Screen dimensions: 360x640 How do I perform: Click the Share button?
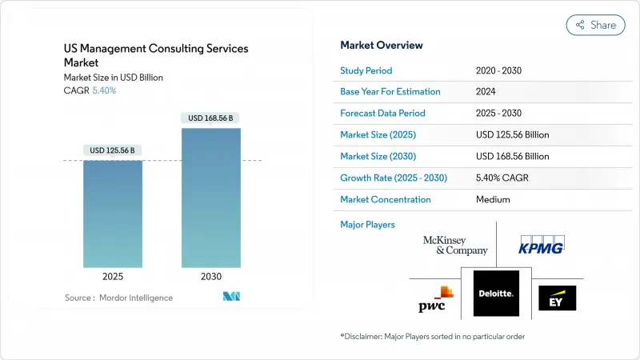click(x=595, y=25)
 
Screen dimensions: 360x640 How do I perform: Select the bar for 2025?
click(x=113, y=214)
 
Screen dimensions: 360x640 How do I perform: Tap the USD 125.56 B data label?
click(x=113, y=150)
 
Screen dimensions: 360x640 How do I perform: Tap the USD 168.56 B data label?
click(x=211, y=118)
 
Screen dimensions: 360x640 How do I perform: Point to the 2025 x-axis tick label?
click(x=113, y=276)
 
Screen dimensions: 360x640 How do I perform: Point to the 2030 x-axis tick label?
click(x=211, y=276)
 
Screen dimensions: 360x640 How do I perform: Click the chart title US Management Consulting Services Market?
click(x=156, y=55)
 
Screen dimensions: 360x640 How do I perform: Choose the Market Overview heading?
click(x=382, y=46)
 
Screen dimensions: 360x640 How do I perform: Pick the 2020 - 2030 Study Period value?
click(x=499, y=70)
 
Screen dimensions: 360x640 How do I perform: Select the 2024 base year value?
click(x=486, y=92)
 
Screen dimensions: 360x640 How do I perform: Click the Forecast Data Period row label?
click(x=382, y=114)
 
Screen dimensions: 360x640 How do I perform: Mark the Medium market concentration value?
click(x=493, y=200)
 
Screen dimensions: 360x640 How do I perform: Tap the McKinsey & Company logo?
click(x=456, y=246)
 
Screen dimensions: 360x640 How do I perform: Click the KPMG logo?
click(x=542, y=245)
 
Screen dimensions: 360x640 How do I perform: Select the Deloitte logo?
click(x=496, y=294)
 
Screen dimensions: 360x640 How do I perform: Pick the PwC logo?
click(x=437, y=298)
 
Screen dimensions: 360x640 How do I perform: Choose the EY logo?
click(x=557, y=298)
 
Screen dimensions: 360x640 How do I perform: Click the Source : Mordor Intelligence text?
click(x=118, y=298)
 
